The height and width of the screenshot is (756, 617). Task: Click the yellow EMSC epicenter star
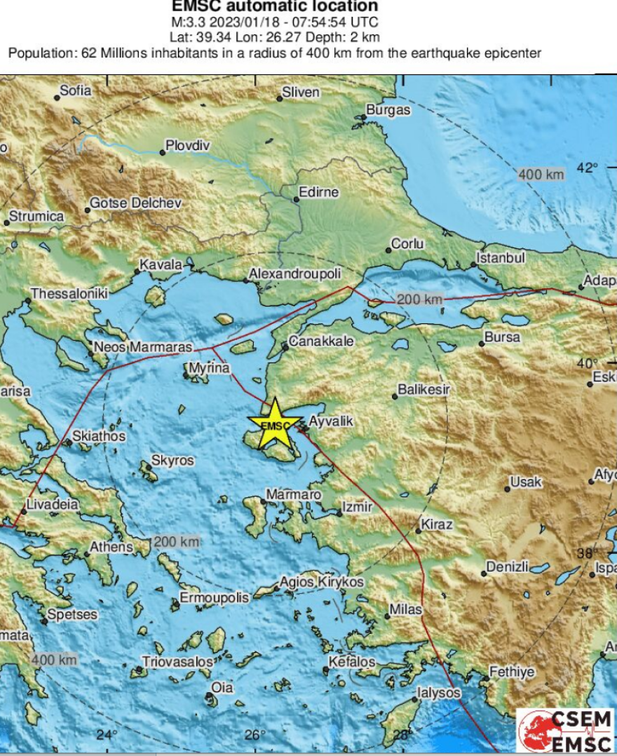[x=275, y=424]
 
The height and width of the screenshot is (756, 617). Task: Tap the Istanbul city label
[x=501, y=258]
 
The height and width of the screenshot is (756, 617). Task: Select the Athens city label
[x=111, y=547]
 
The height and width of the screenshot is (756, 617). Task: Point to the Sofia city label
[x=75, y=90]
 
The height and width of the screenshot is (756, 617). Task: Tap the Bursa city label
[x=502, y=337]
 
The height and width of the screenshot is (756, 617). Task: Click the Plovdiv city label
[x=187, y=146]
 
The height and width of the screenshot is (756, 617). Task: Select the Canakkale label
[x=322, y=342]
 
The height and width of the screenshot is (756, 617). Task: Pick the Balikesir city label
[x=423, y=389]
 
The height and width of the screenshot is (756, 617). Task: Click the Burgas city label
[x=388, y=110]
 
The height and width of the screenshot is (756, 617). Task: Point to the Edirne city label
[x=318, y=192]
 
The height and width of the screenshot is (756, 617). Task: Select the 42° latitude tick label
[x=587, y=168]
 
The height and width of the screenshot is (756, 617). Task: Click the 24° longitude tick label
[x=107, y=734]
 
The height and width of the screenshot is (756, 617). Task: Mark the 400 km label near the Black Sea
[x=541, y=174]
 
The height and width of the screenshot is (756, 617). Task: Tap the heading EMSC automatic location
[x=275, y=7]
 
